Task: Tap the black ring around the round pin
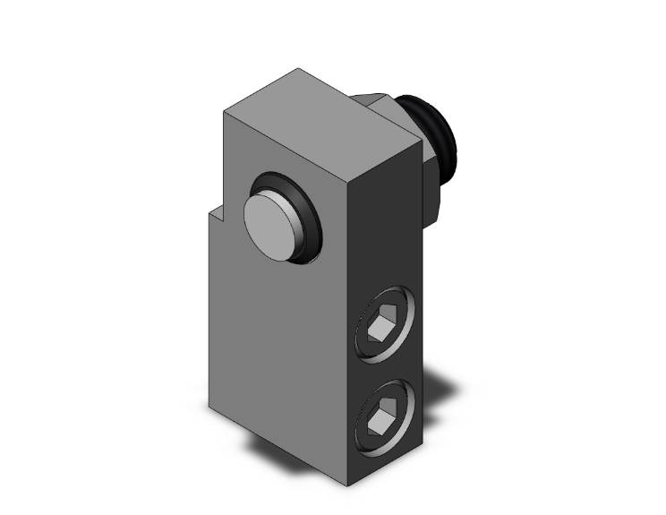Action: [306, 208]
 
